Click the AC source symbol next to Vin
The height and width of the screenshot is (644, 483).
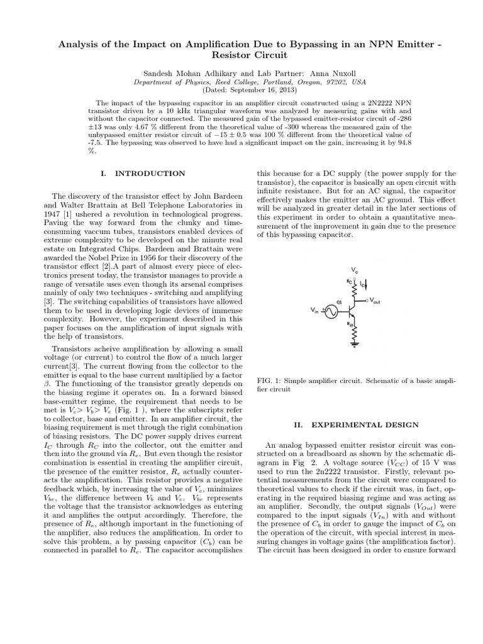coord(328,310)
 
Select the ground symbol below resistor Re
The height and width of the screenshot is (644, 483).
coord(356,344)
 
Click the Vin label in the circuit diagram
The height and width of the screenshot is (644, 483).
coord(315,310)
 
